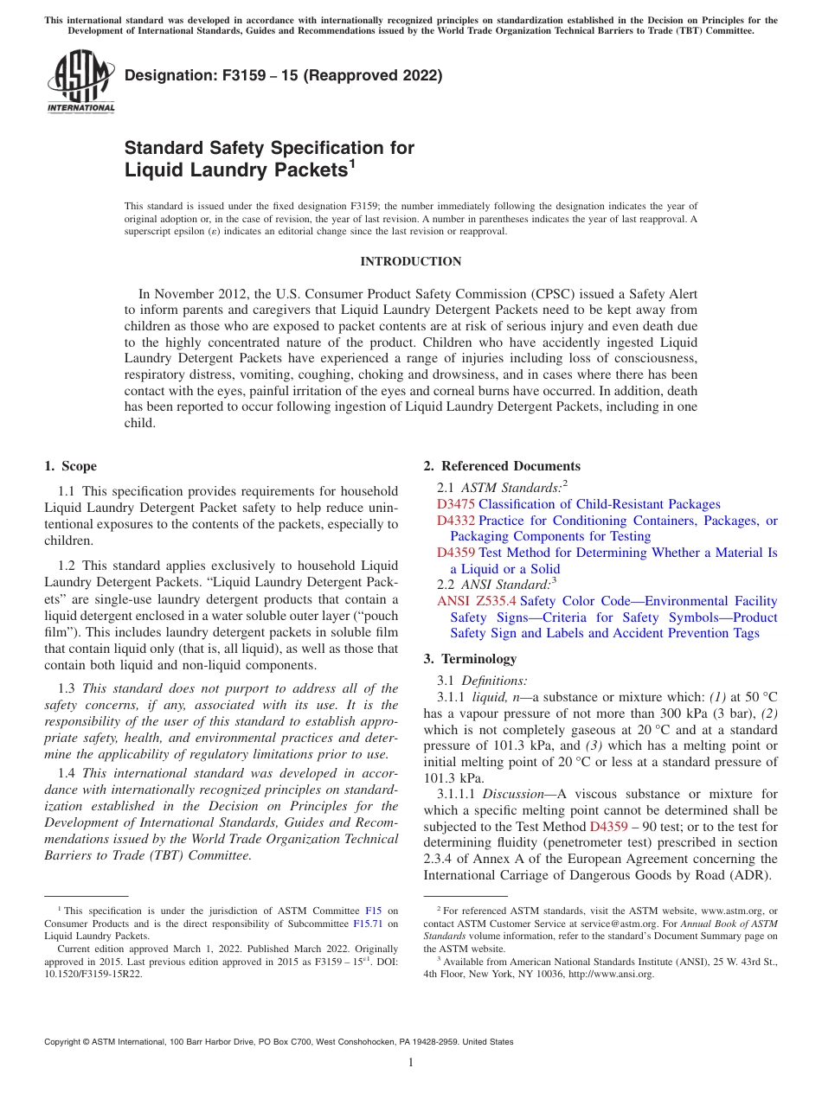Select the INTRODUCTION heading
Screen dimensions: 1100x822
point(410,261)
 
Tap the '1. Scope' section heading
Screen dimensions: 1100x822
point(70,466)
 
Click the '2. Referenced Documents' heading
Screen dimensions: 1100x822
point(502,466)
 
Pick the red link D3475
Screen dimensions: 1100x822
point(455,504)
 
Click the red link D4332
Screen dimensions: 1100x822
point(455,521)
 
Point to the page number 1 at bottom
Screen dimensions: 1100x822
point(410,1062)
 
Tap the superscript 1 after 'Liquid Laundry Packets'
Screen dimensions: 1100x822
point(353,163)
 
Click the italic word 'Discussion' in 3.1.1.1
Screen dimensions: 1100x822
point(514,794)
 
